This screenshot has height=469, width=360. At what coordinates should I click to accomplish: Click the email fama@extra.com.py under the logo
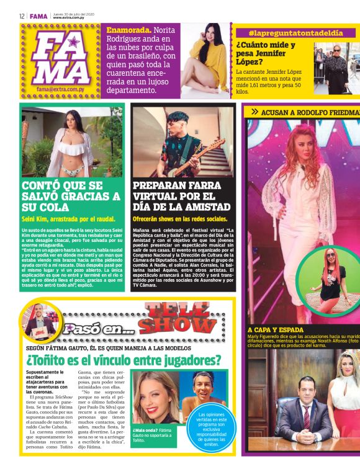tap(63, 89)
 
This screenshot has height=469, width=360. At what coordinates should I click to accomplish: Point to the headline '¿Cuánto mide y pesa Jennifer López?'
tap(266, 53)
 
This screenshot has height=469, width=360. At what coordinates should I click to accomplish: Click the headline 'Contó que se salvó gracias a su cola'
tap(71, 197)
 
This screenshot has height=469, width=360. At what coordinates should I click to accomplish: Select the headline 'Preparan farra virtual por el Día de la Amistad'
tap(181, 197)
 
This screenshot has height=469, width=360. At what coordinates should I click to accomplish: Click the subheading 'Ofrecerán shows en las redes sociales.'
tap(180, 219)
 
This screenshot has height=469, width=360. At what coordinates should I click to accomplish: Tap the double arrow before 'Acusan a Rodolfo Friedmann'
tap(254, 112)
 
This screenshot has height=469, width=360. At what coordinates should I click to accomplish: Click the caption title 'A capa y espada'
tap(275, 329)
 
